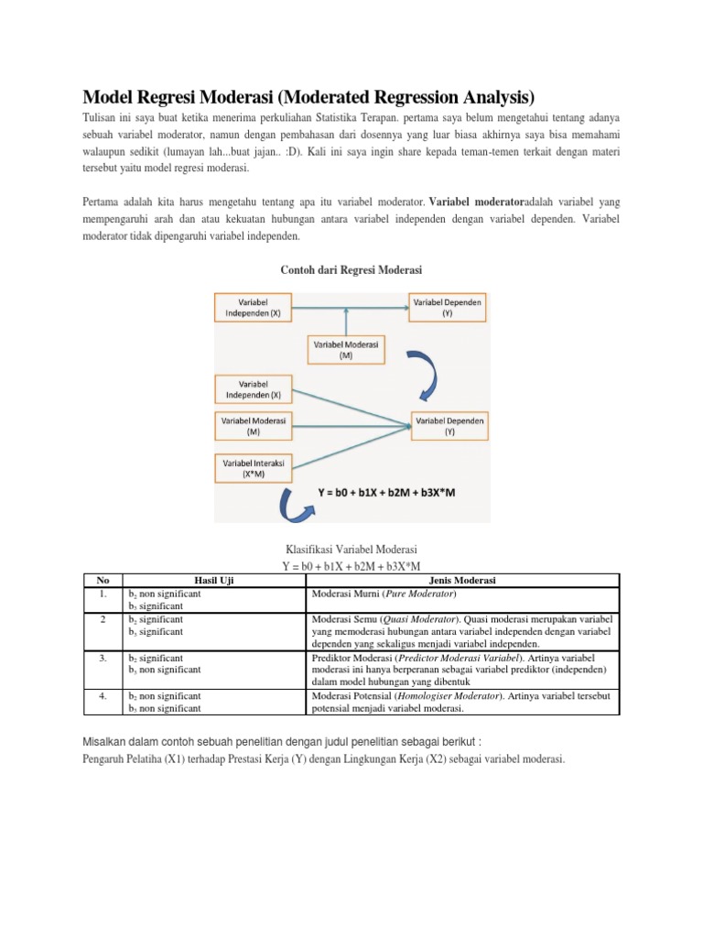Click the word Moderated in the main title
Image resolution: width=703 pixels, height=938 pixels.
[351, 96]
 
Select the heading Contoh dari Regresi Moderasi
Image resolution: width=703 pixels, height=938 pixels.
[351, 268]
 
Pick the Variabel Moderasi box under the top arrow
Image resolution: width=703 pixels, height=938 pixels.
[345, 349]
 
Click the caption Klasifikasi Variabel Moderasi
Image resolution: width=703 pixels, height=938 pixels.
[351, 548]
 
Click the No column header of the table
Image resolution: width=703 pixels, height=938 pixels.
[103, 580]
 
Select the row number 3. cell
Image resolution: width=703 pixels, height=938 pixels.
[103, 658]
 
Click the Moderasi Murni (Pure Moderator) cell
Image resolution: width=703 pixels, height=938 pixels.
[384, 593]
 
